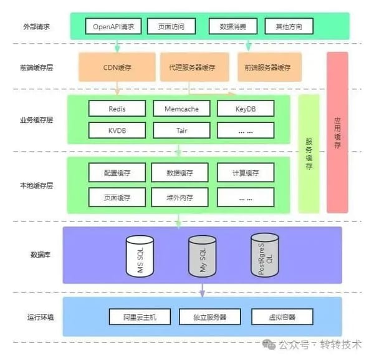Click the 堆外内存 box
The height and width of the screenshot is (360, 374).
click(181, 197)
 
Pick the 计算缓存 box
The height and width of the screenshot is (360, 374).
click(245, 172)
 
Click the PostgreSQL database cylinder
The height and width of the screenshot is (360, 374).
click(264, 256)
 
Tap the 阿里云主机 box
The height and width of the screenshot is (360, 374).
click(140, 316)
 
